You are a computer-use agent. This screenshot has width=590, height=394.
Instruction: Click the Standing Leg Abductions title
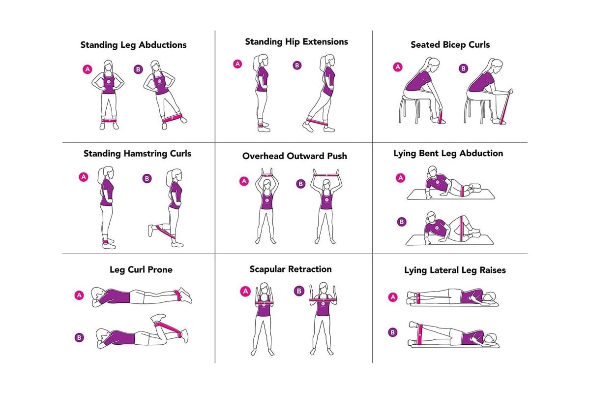pyautogui.click(x=133, y=45)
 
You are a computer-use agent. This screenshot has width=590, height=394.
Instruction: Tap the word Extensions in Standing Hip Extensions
pyautogui.click(x=325, y=41)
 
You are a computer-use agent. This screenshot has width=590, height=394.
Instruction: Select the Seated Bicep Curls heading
pyautogui.click(x=450, y=45)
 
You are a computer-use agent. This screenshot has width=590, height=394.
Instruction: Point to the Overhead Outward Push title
pyautogui.click(x=295, y=156)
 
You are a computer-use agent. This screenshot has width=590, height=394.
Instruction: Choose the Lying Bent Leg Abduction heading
pyautogui.click(x=448, y=153)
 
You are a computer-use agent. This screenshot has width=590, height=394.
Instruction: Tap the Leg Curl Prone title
pyautogui.click(x=141, y=269)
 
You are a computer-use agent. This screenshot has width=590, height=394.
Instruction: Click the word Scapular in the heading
pyautogui.click(x=268, y=269)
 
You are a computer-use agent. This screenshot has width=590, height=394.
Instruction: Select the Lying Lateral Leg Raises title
pyautogui.click(x=455, y=270)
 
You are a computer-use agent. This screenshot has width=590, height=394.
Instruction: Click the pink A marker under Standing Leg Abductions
pyautogui.click(x=88, y=69)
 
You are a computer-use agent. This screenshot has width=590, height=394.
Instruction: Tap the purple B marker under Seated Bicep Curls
pyautogui.click(x=463, y=68)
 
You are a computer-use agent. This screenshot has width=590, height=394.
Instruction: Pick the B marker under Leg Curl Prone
pyautogui.click(x=79, y=337)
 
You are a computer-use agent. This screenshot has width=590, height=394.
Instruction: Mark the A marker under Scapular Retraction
pyautogui.click(x=245, y=292)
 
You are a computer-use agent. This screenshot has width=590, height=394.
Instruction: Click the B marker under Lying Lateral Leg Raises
pyautogui.click(x=392, y=332)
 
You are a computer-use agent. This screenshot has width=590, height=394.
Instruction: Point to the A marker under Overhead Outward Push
pyautogui.click(x=244, y=181)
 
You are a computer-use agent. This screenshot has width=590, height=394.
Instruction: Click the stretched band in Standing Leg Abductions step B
pyautogui.click(x=172, y=118)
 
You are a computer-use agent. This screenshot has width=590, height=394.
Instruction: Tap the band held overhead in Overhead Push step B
pyautogui.click(x=326, y=175)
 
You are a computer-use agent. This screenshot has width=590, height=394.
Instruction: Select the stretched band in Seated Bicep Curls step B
pyautogui.click(x=506, y=107)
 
